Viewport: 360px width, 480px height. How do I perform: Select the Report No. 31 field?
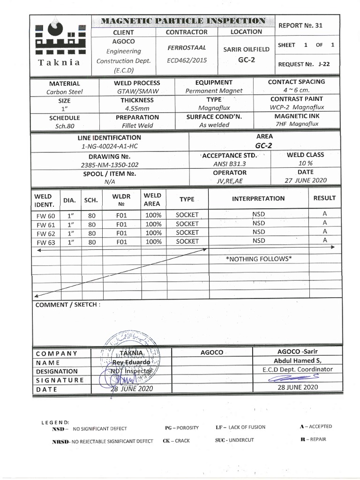point(300,26)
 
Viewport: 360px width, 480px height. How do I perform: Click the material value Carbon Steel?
point(64,92)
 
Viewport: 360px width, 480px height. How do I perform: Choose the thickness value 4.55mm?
point(137,108)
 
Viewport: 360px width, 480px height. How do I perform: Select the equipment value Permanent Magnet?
point(214,91)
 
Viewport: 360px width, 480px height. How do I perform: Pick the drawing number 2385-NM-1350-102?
point(110,165)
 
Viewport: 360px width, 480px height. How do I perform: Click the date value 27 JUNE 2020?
point(305,180)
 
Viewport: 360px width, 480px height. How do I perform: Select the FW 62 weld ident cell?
point(45,233)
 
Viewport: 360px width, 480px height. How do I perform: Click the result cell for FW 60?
point(324,213)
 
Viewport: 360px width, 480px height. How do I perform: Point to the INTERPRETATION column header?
point(258,198)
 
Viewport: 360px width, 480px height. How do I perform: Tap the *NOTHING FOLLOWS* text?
point(258,259)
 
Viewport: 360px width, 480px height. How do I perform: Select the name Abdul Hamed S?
point(298,360)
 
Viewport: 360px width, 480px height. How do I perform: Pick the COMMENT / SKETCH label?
point(67,304)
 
